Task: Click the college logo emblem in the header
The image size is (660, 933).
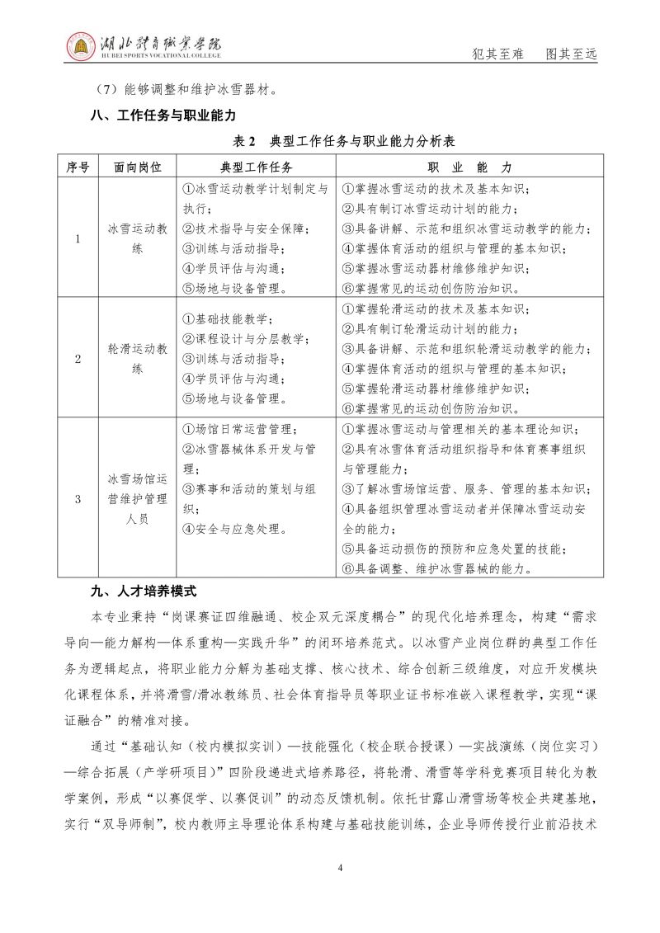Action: pyautogui.click(x=82, y=49)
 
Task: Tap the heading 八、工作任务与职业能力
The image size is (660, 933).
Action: pyautogui.click(x=163, y=115)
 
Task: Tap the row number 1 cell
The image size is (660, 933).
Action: pyautogui.click(x=78, y=239)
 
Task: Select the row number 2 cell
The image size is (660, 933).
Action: pyautogui.click(x=78, y=359)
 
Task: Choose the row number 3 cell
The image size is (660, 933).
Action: pyautogui.click(x=78, y=499)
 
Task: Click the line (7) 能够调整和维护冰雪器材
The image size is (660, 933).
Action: pyautogui.click(x=187, y=89)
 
